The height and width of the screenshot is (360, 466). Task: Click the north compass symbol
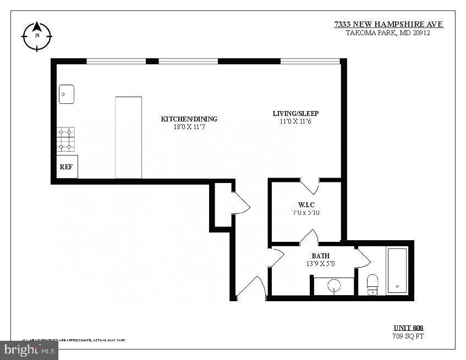37,36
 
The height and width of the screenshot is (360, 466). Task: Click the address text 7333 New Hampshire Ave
388,24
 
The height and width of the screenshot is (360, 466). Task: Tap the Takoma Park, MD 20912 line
387,32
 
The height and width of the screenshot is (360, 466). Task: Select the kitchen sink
67,95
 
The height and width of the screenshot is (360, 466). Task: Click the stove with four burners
65,140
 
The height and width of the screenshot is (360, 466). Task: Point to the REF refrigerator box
67,166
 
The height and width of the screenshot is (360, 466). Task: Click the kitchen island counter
128,137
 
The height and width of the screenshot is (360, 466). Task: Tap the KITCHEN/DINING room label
189,119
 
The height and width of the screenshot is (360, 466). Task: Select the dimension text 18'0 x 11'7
189,127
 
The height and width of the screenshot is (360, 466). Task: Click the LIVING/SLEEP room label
295,114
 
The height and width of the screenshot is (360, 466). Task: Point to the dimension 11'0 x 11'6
295,121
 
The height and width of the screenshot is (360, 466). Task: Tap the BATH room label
320,256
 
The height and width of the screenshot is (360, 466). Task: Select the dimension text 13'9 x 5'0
320,264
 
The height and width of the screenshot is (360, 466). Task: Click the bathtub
397,271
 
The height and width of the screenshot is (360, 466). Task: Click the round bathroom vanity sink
334,286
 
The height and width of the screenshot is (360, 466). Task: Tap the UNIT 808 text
408,328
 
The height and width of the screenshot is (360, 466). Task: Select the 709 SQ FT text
408,336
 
